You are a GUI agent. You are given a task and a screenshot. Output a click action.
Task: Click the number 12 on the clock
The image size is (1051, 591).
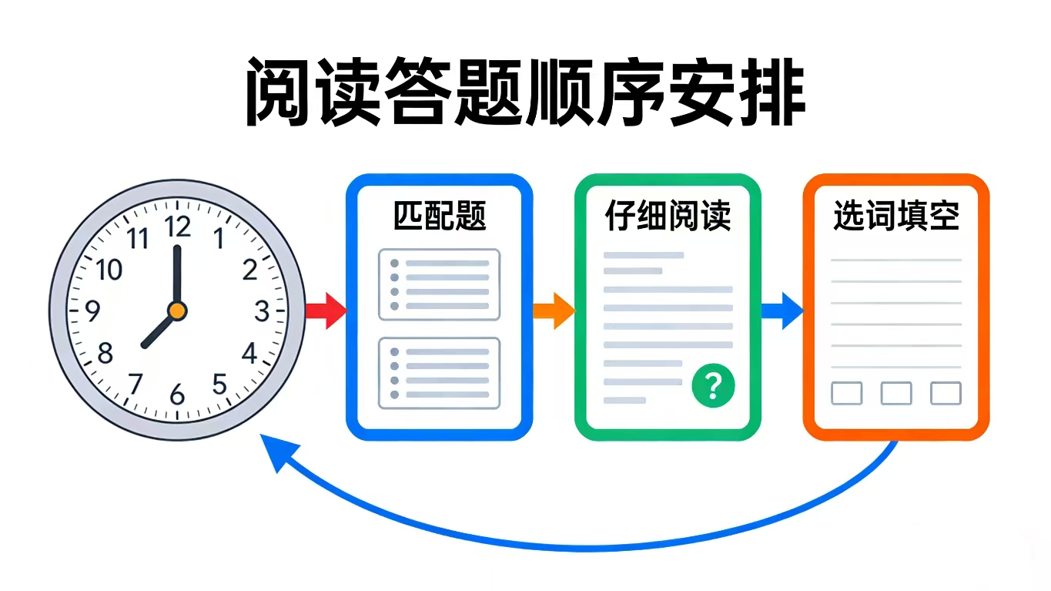pyautogui.click(x=178, y=227)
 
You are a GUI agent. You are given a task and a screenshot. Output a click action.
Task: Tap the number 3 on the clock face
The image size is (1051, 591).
pyautogui.click(x=262, y=311)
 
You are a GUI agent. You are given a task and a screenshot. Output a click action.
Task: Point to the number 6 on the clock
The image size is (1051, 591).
pyautogui.click(x=178, y=395)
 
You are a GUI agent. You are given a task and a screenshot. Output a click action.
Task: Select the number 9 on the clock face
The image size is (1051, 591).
pyautogui.click(x=93, y=311)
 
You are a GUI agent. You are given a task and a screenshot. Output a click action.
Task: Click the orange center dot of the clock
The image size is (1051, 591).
pyautogui.click(x=177, y=311)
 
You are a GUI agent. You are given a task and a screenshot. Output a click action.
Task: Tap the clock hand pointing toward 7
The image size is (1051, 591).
pyautogui.click(x=159, y=330)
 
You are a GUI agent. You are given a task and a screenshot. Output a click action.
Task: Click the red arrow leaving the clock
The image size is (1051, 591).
pyautogui.click(x=325, y=311)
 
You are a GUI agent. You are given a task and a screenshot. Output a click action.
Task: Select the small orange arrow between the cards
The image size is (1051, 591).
pyautogui.click(x=554, y=311)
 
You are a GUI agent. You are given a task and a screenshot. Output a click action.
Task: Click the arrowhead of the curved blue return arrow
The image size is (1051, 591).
pyautogui.click(x=277, y=455)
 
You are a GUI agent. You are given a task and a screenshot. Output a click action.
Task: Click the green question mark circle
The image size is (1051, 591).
pyautogui.click(x=713, y=385)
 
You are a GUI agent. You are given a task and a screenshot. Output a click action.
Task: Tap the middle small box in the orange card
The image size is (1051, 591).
pyautogui.click(x=896, y=393)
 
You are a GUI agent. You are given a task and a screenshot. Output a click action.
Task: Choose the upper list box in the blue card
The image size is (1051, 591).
pyautogui.click(x=439, y=284)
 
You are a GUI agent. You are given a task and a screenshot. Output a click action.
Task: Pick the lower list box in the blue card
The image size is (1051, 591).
pyautogui.click(x=439, y=373)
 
